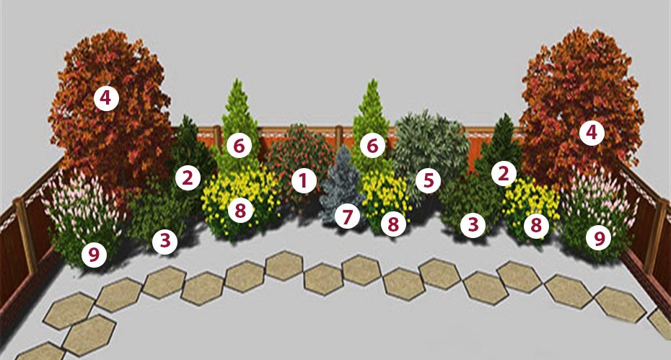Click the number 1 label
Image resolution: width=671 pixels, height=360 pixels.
pos(304,180)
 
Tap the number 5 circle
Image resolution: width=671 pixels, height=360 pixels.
pos(429,180)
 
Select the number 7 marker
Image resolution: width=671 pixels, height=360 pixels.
pos(347,216)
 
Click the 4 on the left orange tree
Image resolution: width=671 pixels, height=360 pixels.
pos(105,98)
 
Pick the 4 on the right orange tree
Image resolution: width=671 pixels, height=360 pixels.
pos(592,133)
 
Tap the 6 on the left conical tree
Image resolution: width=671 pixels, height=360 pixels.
pos(239,146)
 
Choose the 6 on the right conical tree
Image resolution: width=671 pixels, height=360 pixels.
pos(372,146)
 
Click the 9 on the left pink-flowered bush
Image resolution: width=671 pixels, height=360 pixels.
pos(94,255)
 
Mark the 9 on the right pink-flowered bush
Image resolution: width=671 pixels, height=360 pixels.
pos(598,237)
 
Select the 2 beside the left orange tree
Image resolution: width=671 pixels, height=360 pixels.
pos(188,177)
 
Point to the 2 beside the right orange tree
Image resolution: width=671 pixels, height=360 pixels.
pos(504,173)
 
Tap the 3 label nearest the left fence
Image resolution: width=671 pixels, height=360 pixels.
pos(165,242)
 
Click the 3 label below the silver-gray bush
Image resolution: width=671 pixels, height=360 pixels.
pos(473,225)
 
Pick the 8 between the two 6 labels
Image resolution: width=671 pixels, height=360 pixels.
pos(240,211)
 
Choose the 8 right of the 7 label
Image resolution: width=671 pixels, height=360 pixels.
pos(392,224)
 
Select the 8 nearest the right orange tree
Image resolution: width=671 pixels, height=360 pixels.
pos(536,225)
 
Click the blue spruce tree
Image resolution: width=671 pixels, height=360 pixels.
pos(342,184)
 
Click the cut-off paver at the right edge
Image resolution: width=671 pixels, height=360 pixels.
pos(661,323)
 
